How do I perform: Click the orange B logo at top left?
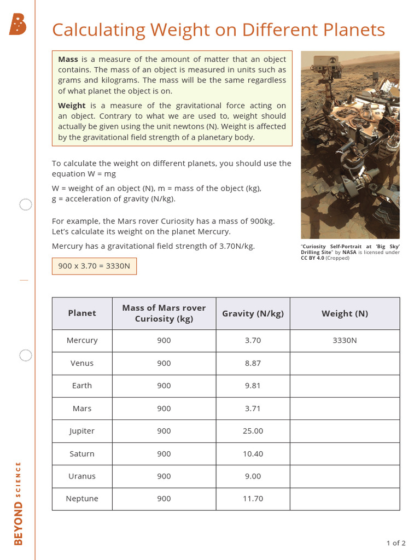pyautogui.click(x=17, y=25)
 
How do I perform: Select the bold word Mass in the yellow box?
pyautogui.click(x=68, y=59)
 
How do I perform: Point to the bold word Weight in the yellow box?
pyautogui.click(x=72, y=106)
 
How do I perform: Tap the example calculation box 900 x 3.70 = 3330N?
pyautogui.click(x=94, y=266)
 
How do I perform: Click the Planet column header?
pyautogui.click(x=82, y=313)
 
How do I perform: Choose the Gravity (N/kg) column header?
pyautogui.click(x=253, y=313)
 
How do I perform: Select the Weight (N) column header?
pyautogui.click(x=345, y=313)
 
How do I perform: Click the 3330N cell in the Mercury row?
pyautogui.click(x=345, y=340)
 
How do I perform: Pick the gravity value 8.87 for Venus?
pyautogui.click(x=253, y=363)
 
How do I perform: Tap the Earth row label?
pyautogui.click(x=82, y=386)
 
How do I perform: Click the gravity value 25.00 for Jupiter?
pyautogui.click(x=253, y=431)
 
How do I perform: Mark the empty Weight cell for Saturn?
pyautogui.click(x=345, y=453)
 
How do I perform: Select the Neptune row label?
pyautogui.click(x=82, y=499)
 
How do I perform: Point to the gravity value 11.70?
pyautogui.click(x=253, y=499)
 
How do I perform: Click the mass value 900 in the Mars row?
pyautogui.click(x=164, y=409)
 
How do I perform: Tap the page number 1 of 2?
pyautogui.click(x=395, y=543)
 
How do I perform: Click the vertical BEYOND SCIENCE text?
pyautogui.click(x=19, y=503)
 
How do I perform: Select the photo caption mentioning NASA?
pyautogui.click(x=350, y=252)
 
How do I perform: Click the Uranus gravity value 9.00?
pyautogui.click(x=253, y=476)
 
